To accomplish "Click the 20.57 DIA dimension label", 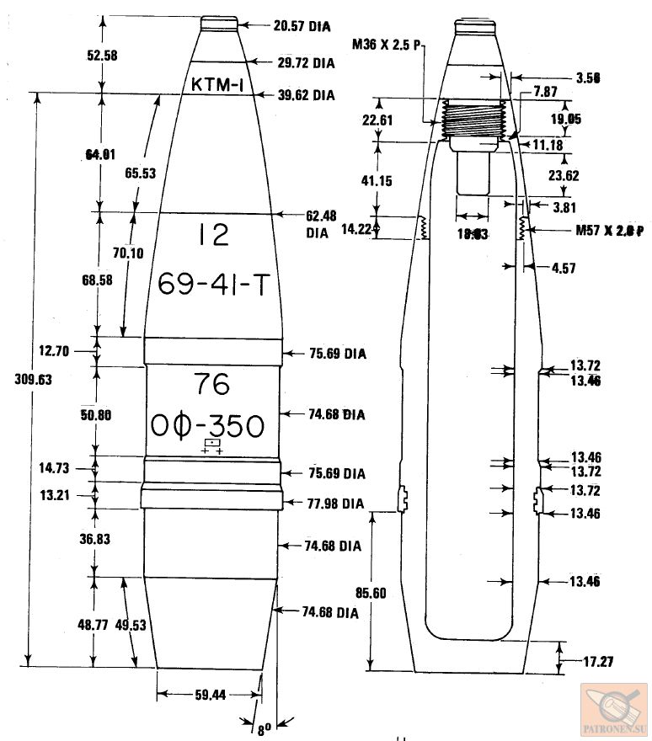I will point(302,26).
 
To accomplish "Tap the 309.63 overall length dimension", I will point(34,379).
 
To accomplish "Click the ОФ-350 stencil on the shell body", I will point(208,425).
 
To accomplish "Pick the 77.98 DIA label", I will point(335,504).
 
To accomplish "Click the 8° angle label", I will point(265,730).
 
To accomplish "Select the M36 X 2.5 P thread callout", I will point(387,44).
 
